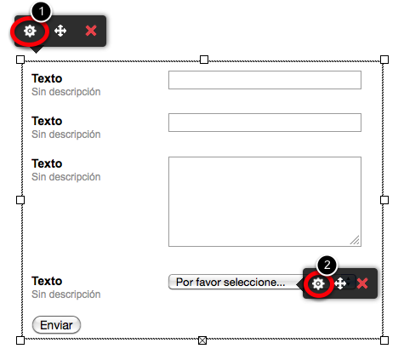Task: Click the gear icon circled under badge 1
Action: pos(30,31)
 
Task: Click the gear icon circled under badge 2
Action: pos(318,283)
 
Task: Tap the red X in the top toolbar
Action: pos(91,31)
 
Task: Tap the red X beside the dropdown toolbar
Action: pos(362,283)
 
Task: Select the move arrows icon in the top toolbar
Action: pos(60,31)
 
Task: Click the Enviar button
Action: pos(56,325)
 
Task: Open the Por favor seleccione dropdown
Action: pos(236,282)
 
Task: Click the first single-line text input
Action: pos(265,80)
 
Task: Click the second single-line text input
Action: pos(265,123)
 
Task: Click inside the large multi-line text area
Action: pos(265,202)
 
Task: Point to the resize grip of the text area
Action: pos(355,240)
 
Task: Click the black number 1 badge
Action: pos(42,11)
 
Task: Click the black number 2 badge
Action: pos(327,265)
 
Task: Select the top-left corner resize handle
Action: pos(20,60)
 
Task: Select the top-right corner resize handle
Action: pos(384,60)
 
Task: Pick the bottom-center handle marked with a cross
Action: pos(202,340)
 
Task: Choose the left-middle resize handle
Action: pos(20,200)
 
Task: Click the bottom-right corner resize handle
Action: pos(384,340)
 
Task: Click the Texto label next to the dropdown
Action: pos(47,281)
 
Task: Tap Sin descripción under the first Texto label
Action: pos(66,92)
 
